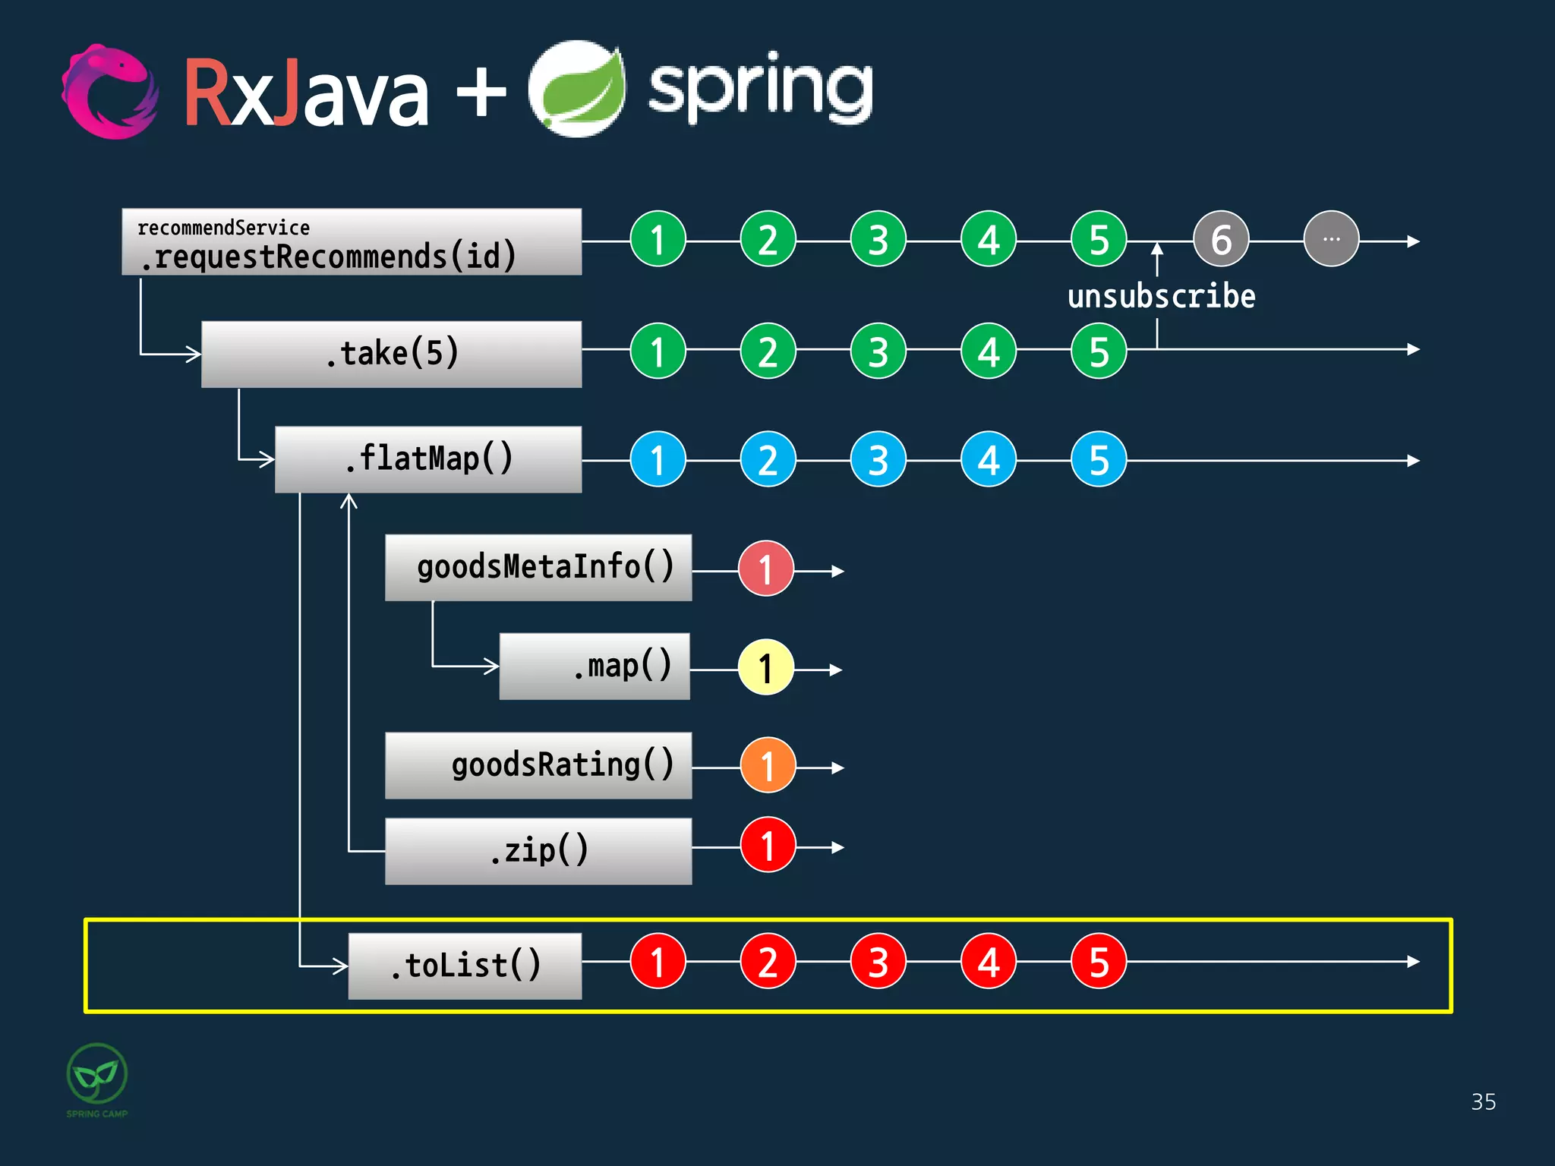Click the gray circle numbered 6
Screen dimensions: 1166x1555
1220,239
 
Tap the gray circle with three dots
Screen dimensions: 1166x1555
1330,239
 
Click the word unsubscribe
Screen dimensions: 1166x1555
1161,296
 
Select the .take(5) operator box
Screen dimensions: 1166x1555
392,354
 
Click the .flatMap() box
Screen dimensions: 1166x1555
428,459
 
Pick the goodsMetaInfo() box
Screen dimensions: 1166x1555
538,567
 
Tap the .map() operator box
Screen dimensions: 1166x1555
595,666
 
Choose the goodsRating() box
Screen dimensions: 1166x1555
538,765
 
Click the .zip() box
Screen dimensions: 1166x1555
538,850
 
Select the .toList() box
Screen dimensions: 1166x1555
465,966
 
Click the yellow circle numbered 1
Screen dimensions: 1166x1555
765,668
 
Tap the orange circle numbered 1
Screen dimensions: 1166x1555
768,765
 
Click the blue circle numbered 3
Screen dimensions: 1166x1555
878,459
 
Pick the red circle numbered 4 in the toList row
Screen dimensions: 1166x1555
988,961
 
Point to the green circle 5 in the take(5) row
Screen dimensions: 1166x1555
1098,351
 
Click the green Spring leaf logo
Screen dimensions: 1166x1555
578,90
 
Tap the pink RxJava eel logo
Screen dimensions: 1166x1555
110,91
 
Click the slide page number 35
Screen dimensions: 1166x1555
1483,1101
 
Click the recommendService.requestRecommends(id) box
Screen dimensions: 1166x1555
352,241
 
